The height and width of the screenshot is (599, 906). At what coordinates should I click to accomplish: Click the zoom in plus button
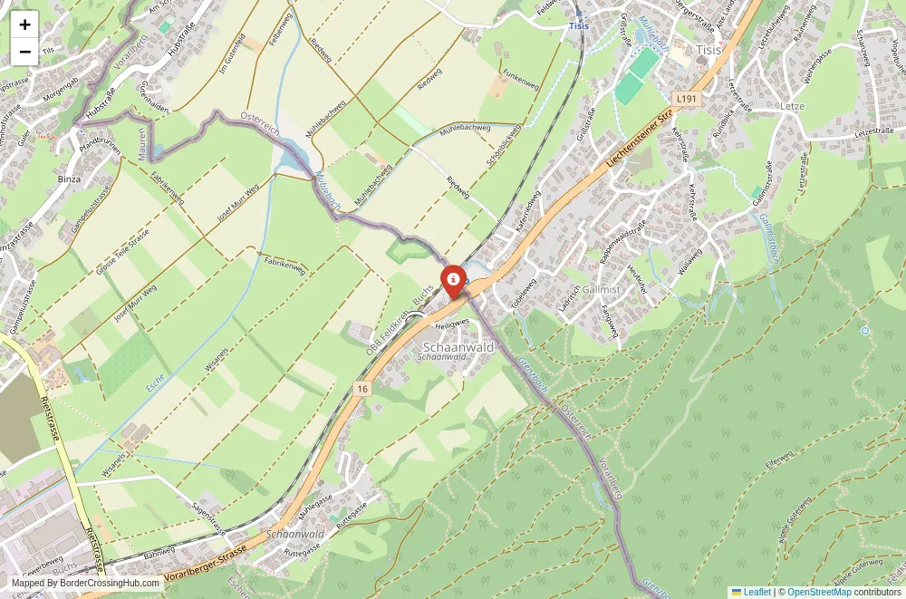coord(24,24)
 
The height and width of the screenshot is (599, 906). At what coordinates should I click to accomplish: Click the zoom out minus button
coord(24,52)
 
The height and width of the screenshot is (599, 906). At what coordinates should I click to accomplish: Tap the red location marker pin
coord(452,279)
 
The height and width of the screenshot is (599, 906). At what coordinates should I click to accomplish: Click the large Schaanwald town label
coord(458,346)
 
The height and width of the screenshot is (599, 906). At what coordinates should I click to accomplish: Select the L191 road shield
coord(685,97)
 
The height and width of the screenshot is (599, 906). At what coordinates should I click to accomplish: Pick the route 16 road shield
coord(362,388)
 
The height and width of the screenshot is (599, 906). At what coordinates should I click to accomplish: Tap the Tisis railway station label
coord(579,27)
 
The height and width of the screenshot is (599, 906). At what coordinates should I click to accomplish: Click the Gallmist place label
coord(602,289)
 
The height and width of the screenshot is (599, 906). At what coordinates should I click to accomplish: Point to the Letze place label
coord(792,106)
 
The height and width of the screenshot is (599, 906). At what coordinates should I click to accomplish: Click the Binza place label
coord(69,179)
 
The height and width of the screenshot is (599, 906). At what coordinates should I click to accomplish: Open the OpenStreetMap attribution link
coord(819,592)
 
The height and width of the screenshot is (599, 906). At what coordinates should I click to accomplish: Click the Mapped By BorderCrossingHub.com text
coord(85,584)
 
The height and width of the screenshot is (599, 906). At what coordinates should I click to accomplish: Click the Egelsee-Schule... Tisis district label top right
coord(708,51)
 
